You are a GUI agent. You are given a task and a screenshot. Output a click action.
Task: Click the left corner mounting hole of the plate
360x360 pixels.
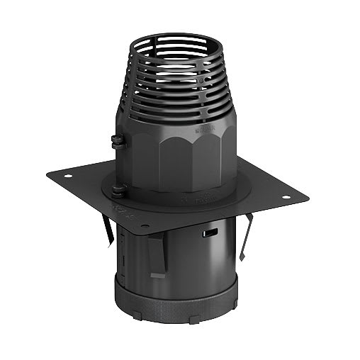click(68, 176)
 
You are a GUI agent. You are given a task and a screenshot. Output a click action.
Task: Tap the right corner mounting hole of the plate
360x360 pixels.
click(286, 197)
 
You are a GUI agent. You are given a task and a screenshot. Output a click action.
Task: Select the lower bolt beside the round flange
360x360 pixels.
click(118, 189)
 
